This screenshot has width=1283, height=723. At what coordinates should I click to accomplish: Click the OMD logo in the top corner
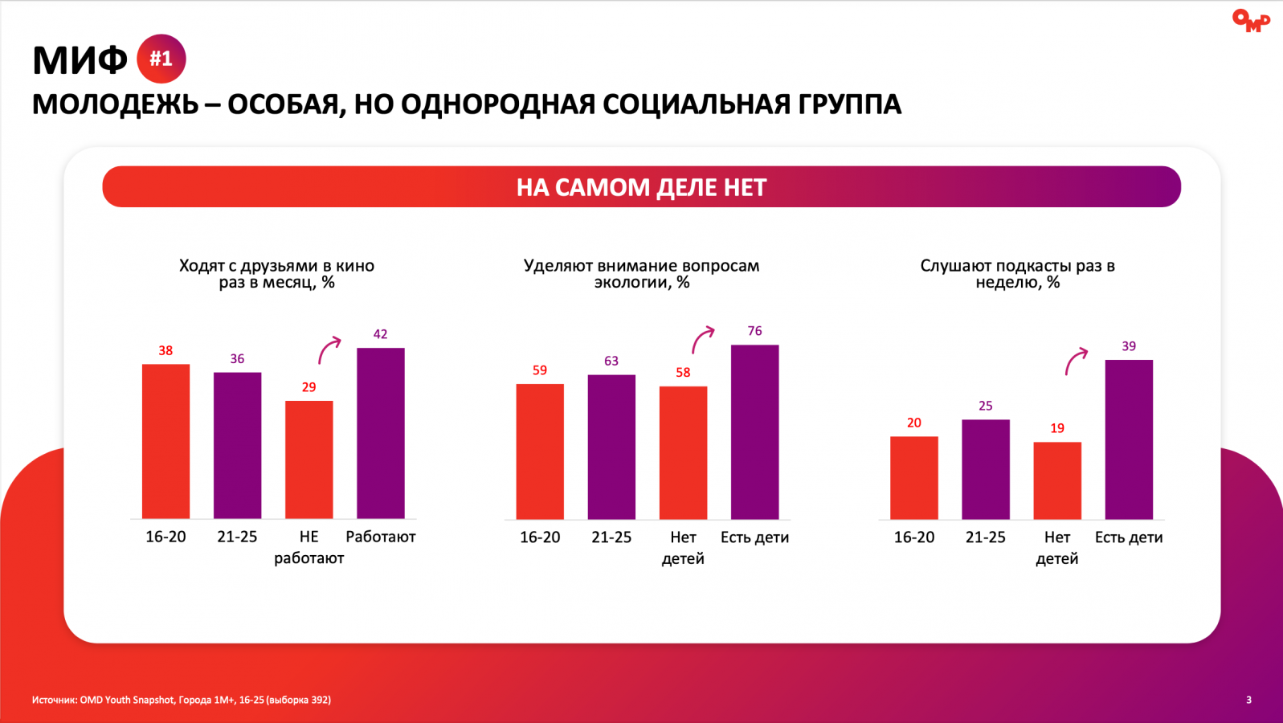coord(1250,20)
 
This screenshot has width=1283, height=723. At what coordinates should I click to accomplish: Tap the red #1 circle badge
coord(161,59)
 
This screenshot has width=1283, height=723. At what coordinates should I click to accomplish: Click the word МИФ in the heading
coord(80,60)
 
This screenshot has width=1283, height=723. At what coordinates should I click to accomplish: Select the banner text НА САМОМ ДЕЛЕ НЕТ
coord(641,187)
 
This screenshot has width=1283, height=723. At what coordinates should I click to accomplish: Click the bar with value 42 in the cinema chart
coord(380,433)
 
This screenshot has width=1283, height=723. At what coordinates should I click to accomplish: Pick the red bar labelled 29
coord(308,460)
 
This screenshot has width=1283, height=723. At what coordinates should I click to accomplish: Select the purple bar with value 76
coord(754,432)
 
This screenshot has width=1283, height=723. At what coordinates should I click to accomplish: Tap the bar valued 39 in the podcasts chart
coord(1129,439)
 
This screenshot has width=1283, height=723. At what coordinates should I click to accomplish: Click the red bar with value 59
coord(540,451)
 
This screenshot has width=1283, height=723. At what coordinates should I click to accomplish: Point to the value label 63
coord(611,361)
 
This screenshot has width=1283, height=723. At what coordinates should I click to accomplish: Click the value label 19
coord(1057,428)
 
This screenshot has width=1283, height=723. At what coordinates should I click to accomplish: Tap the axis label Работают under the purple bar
coord(380,537)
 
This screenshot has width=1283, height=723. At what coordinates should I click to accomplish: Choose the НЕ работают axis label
coord(308,547)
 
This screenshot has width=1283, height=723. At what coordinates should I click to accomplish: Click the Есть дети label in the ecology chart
coord(754,537)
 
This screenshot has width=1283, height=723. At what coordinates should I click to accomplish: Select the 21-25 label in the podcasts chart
coord(986,537)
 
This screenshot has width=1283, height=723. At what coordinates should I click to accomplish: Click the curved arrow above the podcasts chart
coord(1076,361)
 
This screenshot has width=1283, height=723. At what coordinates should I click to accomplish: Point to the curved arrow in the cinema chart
coord(329,350)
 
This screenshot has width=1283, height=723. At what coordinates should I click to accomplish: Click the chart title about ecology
coord(641,274)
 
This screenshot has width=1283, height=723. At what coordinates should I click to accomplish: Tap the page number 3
coord(1248,700)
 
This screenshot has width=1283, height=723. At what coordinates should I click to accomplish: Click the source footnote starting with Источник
coord(182,700)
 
